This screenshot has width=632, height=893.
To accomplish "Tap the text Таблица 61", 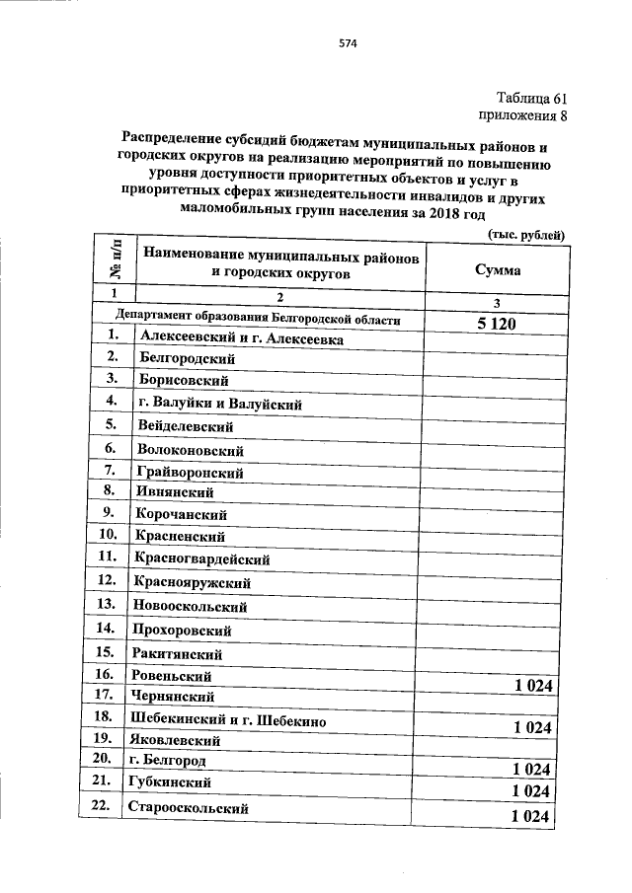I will [532, 97].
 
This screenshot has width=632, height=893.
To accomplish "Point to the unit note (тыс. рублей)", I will [527, 234].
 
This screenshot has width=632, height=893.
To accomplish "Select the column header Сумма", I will [497, 269].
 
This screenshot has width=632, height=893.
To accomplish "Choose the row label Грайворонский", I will [191, 472].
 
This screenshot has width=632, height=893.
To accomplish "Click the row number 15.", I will [107, 652].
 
